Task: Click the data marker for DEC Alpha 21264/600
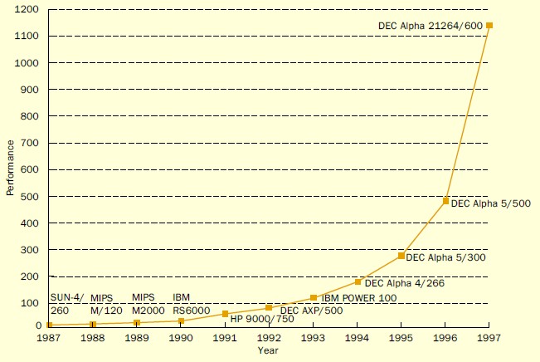point(489,26)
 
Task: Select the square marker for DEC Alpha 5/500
point(445,201)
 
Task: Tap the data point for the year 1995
point(401,256)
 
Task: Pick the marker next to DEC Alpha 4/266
point(358,281)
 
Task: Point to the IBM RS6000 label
point(190,303)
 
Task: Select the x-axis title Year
point(268,351)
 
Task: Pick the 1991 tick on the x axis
point(225,338)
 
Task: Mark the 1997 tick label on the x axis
point(489,338)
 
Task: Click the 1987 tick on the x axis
point(49,338)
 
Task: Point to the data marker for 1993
point(314,297)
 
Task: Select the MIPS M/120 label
point(106,303)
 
